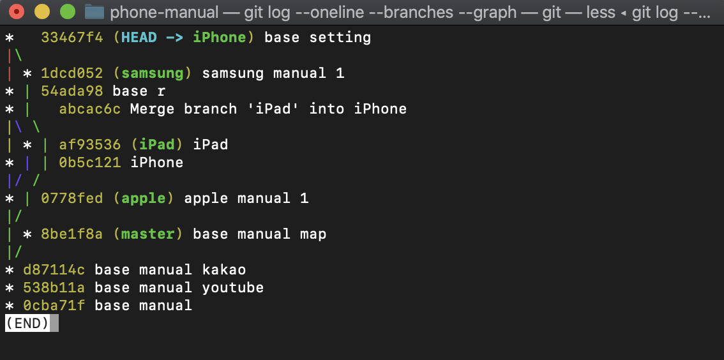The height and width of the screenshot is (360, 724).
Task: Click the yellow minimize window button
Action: point(41,11)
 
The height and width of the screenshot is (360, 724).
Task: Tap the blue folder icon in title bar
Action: point(94,11)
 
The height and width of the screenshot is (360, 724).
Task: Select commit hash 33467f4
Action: point(72,38)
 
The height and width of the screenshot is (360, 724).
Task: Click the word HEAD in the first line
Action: point(139,38)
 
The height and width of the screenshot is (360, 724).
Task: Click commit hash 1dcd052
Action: point(72,73)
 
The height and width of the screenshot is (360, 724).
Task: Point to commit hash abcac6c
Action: point(89,109)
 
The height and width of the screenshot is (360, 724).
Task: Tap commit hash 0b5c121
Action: point(89,163)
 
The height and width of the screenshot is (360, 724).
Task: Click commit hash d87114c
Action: point(54,270)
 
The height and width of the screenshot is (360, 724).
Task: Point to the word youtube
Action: point(232,288)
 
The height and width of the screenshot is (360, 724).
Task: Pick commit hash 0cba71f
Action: point(54,306)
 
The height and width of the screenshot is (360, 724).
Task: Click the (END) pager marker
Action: point(27,323)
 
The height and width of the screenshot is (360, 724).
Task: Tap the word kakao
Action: point(223,270)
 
